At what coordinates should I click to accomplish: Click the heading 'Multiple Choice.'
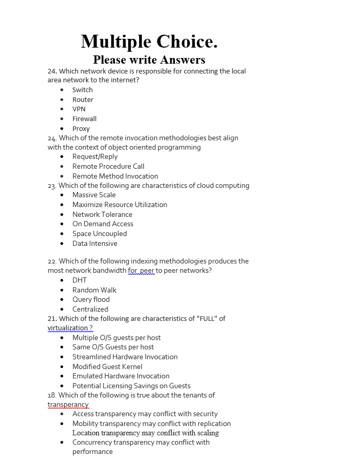(149, 41)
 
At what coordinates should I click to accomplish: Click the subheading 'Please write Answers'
(149, 60)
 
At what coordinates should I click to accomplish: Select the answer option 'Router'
(83, 99)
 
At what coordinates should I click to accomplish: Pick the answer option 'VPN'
(79, 109)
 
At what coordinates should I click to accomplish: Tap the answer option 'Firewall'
(84, 119)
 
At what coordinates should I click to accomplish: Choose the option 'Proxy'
(81, 128)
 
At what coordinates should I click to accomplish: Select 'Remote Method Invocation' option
(115, 176)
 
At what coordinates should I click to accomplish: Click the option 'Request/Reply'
(95, 156)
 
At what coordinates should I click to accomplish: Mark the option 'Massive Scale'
(94, 195)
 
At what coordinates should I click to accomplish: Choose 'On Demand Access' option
(102, 224)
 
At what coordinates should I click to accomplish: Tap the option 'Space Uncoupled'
(99, 233)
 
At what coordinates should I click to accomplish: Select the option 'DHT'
(79, 280)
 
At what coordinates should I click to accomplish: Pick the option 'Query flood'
(91, 299)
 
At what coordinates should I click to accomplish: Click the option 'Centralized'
(90, 309)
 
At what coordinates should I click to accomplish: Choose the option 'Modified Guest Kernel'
(107, 366)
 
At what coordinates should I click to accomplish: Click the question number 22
(52, 261)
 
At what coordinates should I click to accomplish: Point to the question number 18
(51, 395)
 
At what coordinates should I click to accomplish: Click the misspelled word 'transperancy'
(68, 405)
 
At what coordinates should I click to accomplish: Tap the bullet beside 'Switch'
(62, 90)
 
